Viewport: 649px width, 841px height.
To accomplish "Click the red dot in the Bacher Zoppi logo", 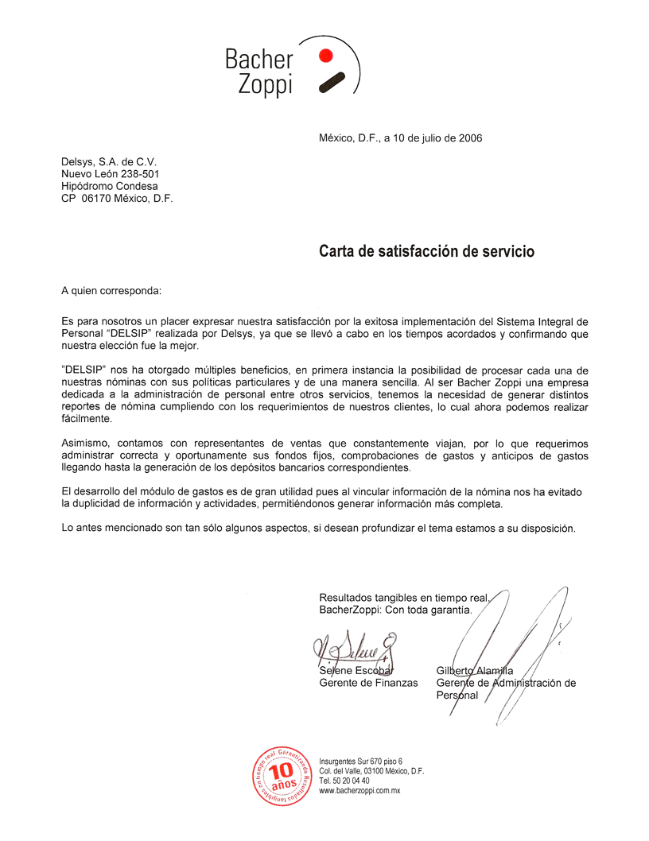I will (x=324, y=55).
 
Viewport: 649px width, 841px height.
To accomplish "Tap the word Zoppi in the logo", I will (x=266, y=84).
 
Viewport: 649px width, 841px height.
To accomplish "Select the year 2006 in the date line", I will (x=469, y=138).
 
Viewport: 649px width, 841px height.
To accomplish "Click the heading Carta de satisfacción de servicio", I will (x=426, y=251).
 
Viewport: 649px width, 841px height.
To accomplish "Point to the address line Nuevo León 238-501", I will (x=115, y=173).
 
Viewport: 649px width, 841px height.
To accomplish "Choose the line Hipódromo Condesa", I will (x=109, y=186).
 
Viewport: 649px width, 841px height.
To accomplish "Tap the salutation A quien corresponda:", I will (x=111, y=290).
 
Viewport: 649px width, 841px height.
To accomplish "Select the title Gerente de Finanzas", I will (x=368, y=683).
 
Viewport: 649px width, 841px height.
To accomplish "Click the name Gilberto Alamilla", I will (x=475, y=670).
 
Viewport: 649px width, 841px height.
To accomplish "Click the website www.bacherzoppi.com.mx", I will (x=359, y=791).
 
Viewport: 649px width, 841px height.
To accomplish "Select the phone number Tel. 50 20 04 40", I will (x=344, y=781).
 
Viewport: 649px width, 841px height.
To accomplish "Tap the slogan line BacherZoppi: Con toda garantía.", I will (x=395, y=610).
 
